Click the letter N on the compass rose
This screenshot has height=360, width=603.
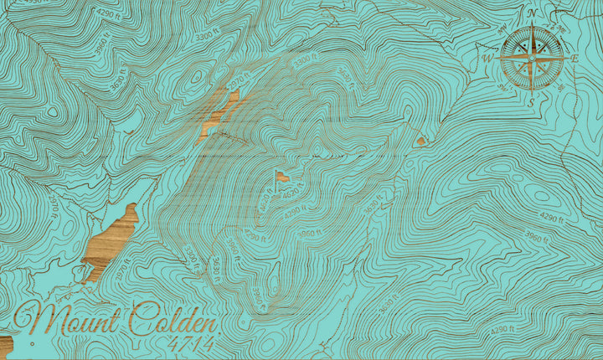click(x=532, y=13)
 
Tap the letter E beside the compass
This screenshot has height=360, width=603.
click(x=575, y=59)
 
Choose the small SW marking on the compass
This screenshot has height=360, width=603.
click(x=508, y=82)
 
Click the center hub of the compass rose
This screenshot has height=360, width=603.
click(x=532, y=58)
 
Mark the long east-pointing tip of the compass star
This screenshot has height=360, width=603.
click(x=566, y=58)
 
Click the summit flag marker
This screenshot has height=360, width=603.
click(x=281, y=177)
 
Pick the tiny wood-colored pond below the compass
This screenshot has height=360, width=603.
click(x=420, y=141)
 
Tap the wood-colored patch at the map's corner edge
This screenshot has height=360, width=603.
click(x=4, y=343)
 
